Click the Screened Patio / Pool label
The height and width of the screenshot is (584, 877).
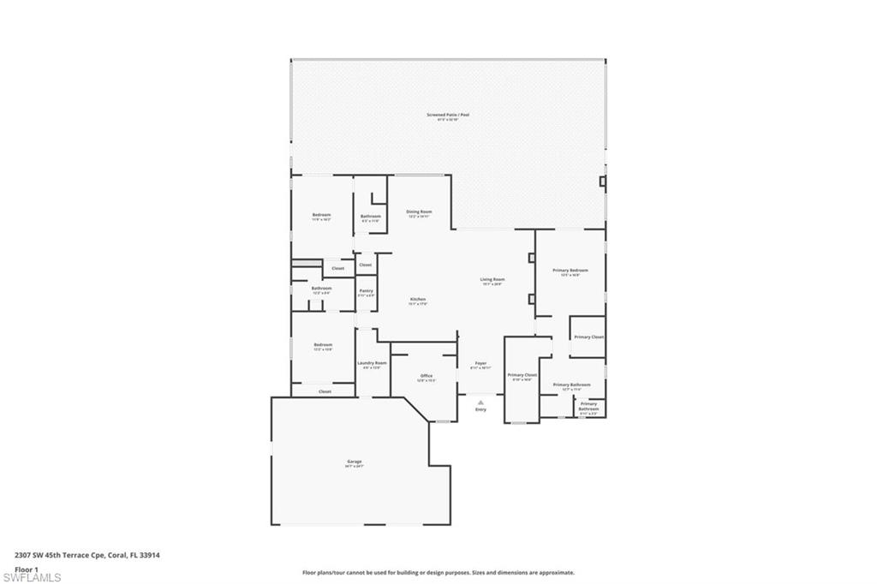(448, 115)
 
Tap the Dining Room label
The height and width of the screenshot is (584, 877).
(419, 212)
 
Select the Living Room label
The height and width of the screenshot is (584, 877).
(492, 279)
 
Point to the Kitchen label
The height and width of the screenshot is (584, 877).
(417, 300)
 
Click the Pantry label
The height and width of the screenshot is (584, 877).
(366, 291)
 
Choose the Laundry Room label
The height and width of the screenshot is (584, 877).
(372, 363)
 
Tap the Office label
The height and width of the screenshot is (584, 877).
(426, 376)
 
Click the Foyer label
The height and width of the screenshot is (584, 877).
(480, 364)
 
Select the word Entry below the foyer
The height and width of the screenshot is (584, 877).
(480, 409)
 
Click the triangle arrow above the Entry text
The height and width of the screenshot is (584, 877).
(480, 400)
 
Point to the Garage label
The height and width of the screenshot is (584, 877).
(354, 462)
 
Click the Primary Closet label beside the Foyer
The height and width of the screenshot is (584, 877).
(522, 375)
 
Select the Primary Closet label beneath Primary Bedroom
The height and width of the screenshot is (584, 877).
(588, 337)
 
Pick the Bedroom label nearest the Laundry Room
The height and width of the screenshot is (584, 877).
(323, 345)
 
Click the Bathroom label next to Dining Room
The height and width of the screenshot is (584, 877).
(370, 217)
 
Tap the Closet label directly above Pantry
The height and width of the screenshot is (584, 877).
(366, 265)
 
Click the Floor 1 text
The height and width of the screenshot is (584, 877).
(27, 569)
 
